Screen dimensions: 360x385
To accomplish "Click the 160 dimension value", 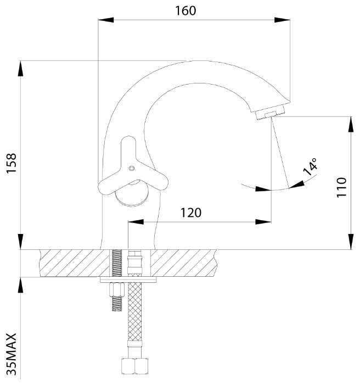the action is pos(185,11).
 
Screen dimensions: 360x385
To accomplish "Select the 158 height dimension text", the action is pos(12,164).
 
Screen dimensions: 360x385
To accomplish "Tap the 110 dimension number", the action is pos(341,187).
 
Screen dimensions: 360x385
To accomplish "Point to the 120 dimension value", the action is pos(191,213).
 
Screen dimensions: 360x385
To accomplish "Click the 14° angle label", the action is pos(310,166).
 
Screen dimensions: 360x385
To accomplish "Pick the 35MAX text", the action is pos(12,354).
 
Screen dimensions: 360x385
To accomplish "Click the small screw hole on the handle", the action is pos(132,168).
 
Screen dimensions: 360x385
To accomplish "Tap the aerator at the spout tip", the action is pos(270,113).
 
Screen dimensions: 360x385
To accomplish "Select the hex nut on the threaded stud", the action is pos(117,290).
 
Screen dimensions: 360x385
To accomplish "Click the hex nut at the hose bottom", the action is pos(134,366).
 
